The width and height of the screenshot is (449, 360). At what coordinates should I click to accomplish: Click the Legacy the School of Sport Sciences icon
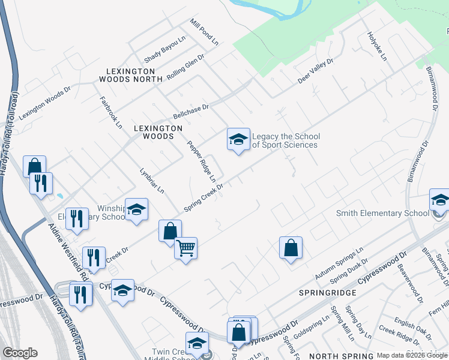238,140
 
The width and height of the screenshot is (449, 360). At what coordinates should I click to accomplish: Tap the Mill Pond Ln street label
204,32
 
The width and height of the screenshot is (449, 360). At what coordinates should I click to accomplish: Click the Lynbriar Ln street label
152,181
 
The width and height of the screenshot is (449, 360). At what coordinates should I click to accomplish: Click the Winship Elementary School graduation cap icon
136,209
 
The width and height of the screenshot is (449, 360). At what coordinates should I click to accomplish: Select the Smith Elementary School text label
382,213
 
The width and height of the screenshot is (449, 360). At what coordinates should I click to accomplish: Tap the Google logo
20,353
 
